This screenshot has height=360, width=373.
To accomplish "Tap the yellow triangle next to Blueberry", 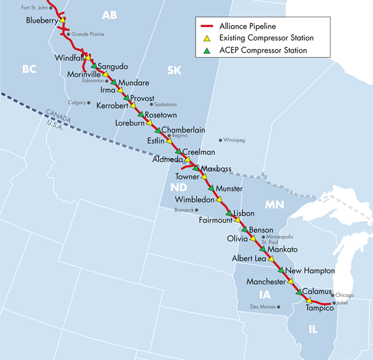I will [x=63, y=20].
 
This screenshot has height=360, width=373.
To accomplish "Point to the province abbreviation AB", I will [x=109, y=15].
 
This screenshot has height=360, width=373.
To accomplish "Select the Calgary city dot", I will [x=88, y=102].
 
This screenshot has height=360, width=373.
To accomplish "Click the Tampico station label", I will [x=319, y=308].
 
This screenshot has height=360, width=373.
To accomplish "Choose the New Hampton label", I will [x=310, y=271].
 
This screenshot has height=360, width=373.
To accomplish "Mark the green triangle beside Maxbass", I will [x=195, y=168].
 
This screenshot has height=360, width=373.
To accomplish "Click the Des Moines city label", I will [x=264, y=306].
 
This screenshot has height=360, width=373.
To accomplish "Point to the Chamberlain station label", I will [x=183, y=130].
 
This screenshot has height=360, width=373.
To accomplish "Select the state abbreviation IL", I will [x=313, y=330].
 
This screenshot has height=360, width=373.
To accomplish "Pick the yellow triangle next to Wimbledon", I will [x=219, y=199].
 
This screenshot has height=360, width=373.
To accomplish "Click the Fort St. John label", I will [x=35, y=7].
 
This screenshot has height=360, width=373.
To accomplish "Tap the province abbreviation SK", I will [x=174, y=70].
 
